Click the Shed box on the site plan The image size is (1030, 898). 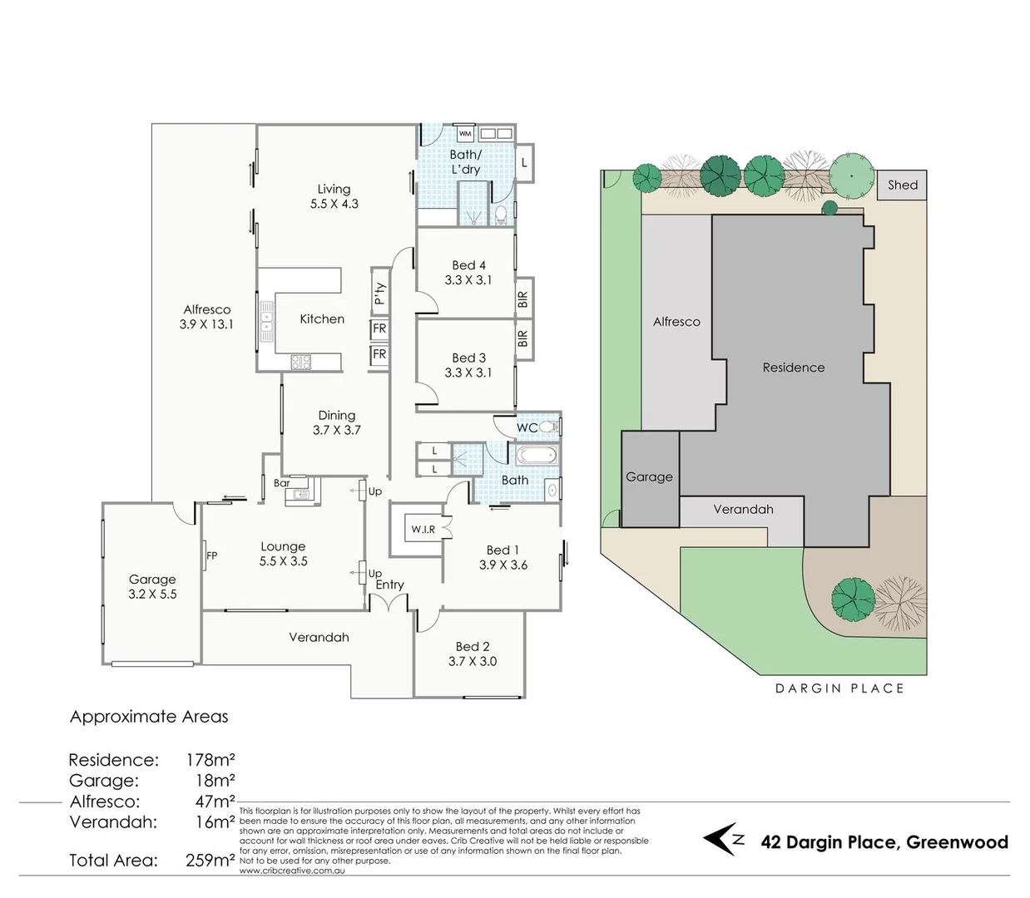[902, 185]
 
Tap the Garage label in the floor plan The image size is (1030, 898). [152, 580]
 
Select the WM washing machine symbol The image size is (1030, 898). [465, 133]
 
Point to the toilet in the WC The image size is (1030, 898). [549, 427]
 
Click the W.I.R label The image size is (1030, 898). [423, 530]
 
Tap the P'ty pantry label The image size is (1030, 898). [380, 294]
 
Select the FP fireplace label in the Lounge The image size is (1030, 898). [211, 555]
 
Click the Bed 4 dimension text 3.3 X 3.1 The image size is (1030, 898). [468, 280]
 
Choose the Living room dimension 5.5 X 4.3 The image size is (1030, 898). [334, 204]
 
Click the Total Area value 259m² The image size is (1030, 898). [210, 861]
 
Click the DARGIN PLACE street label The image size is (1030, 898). [839, 688]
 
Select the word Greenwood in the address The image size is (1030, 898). [957, 842]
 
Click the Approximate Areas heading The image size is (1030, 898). [149, 717]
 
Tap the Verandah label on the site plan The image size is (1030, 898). [743, 510]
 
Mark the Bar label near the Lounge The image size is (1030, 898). [281, 483]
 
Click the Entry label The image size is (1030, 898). [389, 585]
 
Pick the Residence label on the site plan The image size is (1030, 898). [794, 368]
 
